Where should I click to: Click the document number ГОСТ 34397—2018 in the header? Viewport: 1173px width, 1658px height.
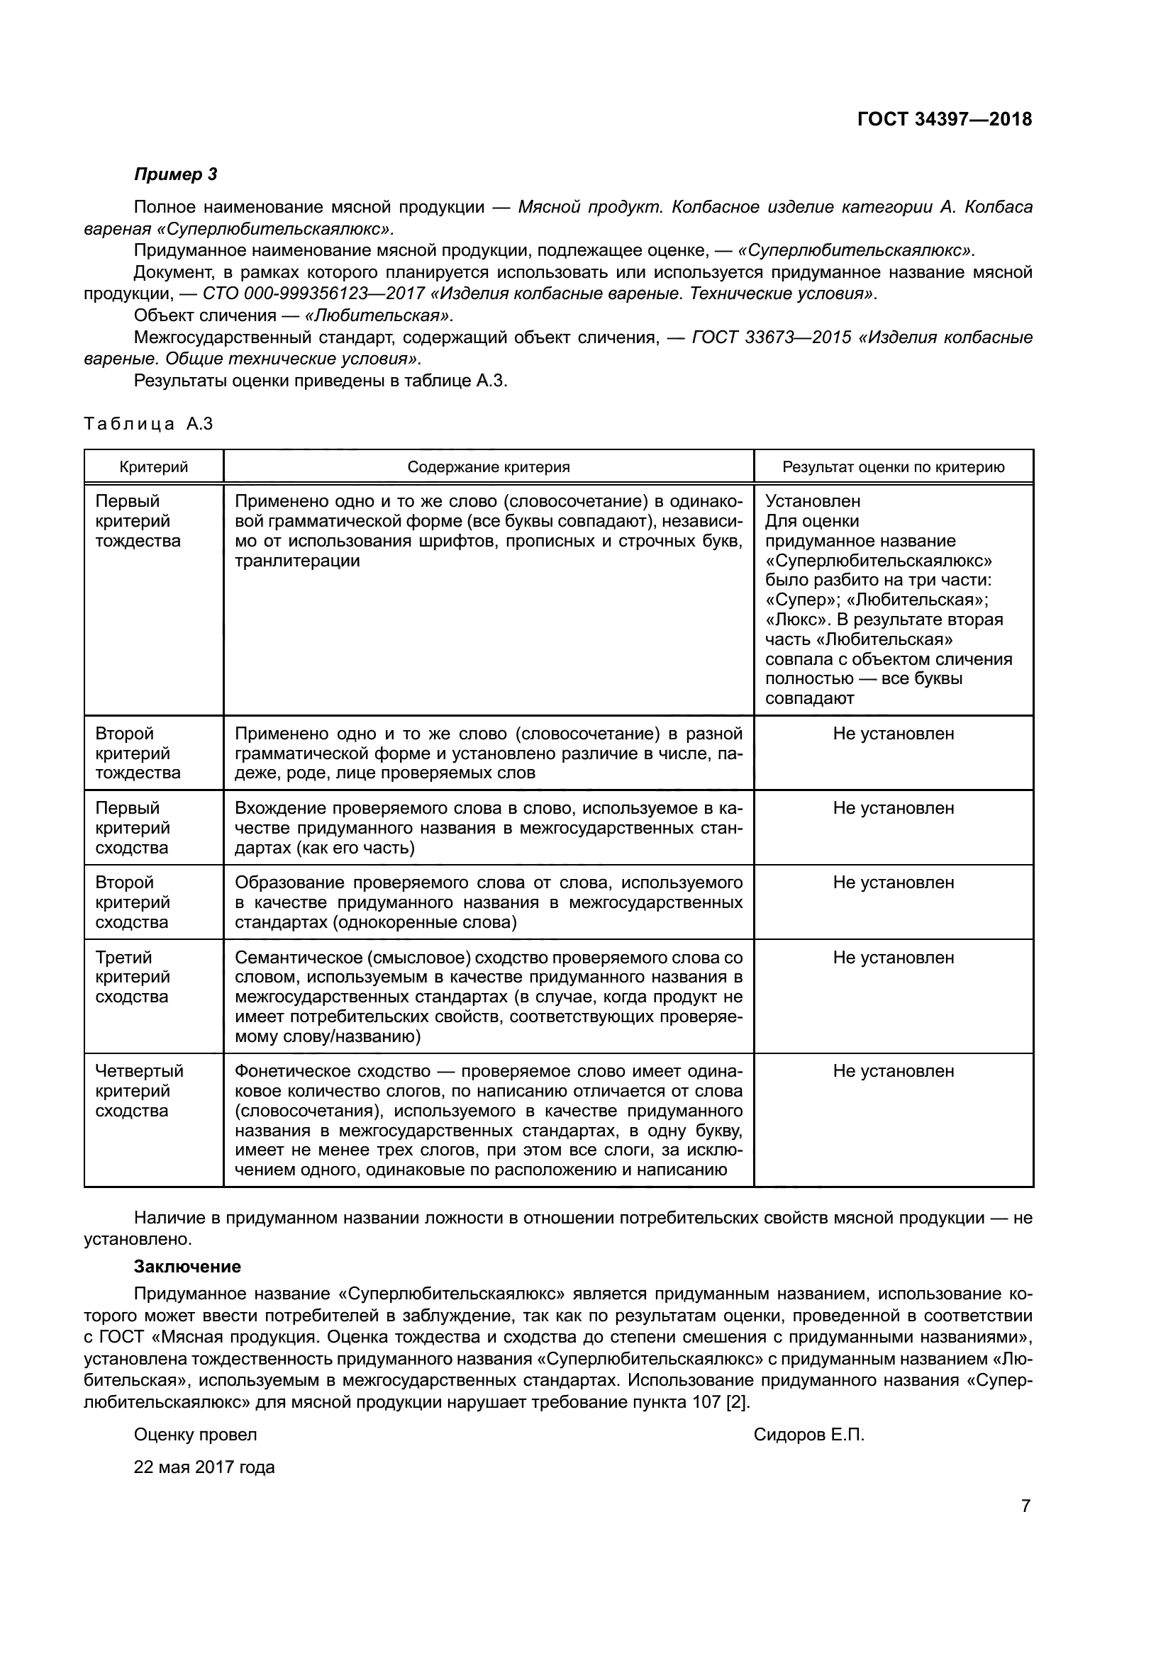[944, 119]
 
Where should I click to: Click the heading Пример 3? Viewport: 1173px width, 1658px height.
[174, 174]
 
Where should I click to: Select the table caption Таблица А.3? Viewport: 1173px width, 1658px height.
[148, 424]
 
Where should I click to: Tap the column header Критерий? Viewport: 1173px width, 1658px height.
[153, 467]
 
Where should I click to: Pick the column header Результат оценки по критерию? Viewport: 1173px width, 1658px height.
[893, 467]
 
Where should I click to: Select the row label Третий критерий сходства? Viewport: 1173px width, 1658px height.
[133, 977]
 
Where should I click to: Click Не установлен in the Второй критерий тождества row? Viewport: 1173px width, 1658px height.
[893, 734]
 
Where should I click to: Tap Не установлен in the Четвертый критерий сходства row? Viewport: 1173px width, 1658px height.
[893, 1071]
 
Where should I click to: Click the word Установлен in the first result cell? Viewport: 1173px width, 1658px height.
[813, 501]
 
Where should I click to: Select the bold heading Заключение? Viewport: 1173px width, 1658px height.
[187, 1267]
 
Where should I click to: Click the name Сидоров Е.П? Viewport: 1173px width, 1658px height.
[808, 1435]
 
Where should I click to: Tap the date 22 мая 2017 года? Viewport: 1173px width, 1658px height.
[204, 1467]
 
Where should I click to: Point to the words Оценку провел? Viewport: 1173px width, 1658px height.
[195, 1435]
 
